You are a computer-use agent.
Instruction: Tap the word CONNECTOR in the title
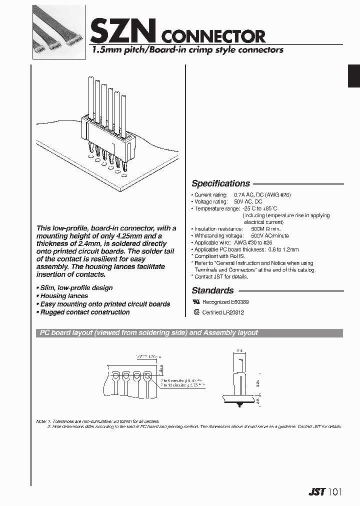(214, 36)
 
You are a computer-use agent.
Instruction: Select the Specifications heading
(220, 183)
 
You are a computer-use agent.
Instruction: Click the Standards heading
(212, 290)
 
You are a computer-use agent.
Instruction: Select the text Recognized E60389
(225, 302)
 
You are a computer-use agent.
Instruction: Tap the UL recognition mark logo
(196, 302)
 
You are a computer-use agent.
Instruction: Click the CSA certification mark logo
(196, 312)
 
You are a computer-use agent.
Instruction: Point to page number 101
(335, 492)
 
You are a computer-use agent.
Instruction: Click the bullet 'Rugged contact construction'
(84, 312)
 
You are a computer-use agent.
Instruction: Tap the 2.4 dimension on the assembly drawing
(239, 352)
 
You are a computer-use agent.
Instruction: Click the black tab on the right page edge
(354, 76)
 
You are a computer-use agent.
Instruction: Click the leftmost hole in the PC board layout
(115, 374)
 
